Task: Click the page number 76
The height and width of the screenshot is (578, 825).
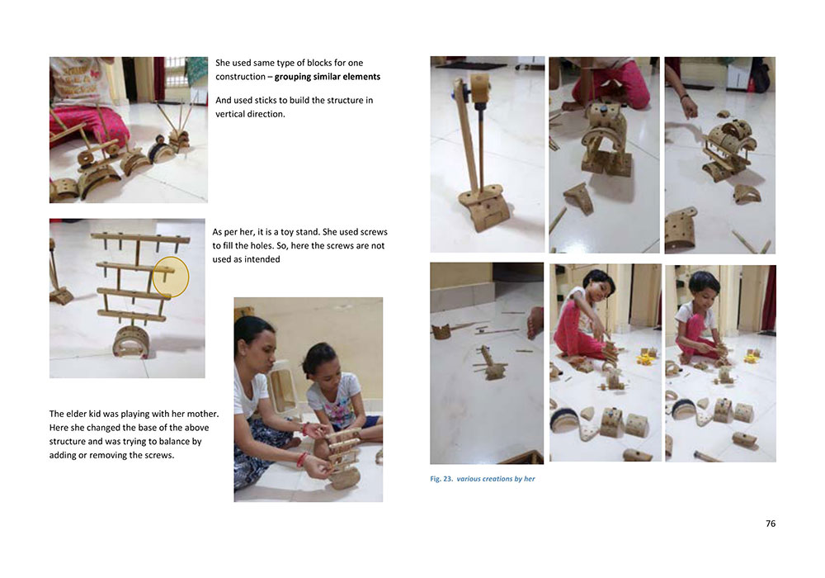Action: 771,524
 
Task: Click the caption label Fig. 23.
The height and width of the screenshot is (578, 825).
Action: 441,479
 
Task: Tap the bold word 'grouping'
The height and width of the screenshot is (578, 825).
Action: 292,77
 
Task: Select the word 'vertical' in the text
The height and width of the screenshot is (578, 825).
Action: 230,114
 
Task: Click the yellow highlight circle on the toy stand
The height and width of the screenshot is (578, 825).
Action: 171,277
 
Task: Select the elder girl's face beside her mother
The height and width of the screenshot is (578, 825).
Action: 321,364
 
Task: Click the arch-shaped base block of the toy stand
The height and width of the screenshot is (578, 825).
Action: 129,343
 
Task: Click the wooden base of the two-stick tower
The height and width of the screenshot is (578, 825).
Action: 483,207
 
